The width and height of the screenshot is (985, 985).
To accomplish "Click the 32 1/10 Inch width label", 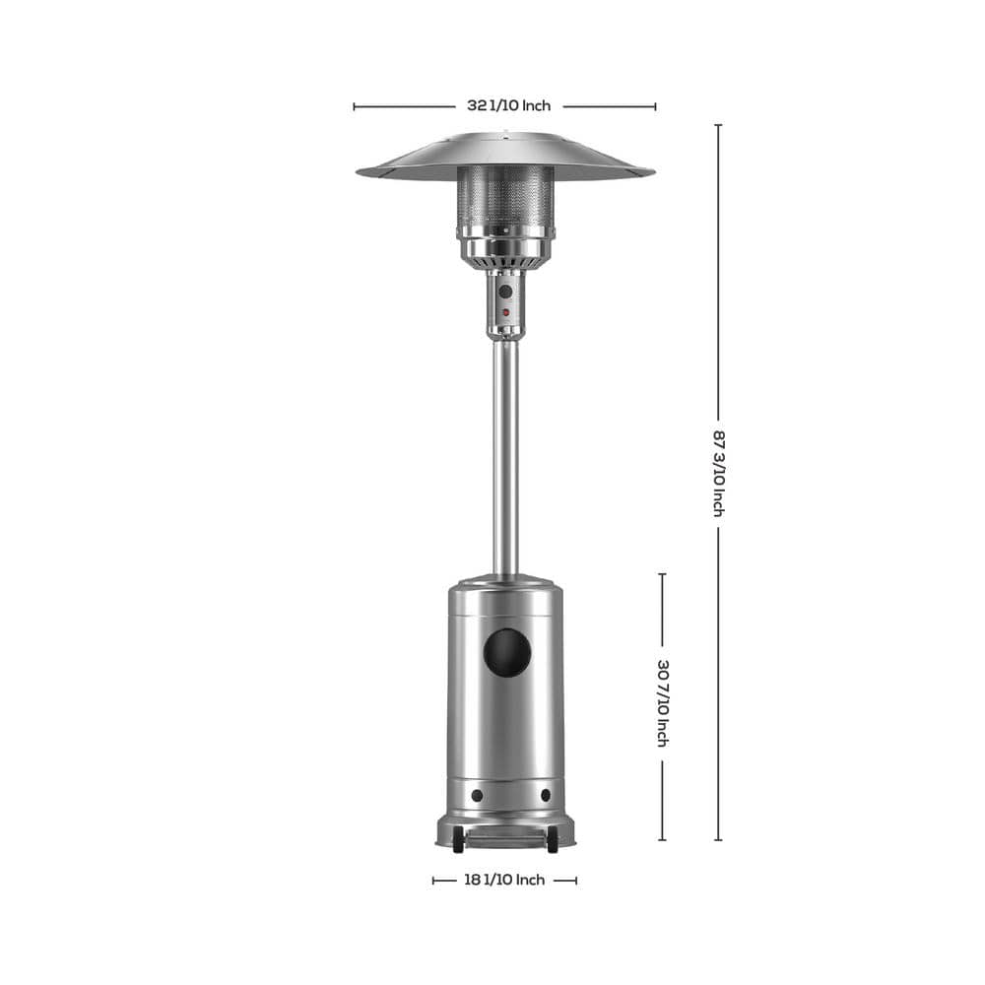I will (508, 105).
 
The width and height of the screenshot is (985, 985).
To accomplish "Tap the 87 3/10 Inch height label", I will (718, 472).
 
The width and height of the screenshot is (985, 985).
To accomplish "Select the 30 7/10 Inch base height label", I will (663, 702).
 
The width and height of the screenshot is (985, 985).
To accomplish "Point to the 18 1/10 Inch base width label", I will (503, 880).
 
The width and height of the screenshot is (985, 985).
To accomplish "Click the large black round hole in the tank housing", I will (506, 653).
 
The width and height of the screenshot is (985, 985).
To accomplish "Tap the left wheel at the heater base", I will (458, 843).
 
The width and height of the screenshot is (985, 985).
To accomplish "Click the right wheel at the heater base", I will (553, 843).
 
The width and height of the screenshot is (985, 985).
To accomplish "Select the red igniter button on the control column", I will (505, 312).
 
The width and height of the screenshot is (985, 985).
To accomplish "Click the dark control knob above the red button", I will (505, 292).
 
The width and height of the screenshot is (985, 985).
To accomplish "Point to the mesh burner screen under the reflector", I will (505, 195).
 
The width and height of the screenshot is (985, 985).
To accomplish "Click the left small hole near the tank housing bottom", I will (477, 795).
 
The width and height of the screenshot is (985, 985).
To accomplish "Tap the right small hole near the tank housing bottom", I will (545, 795).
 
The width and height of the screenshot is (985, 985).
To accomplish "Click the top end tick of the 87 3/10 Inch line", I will (718, 125).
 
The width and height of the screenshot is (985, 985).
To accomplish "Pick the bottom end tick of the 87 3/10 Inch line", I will (718, 840).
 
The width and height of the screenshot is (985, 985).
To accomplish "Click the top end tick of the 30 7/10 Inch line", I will (663, 574).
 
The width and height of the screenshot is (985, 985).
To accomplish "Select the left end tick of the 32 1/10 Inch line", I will (354, 106).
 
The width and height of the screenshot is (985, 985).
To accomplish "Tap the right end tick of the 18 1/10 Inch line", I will (576, 880).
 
